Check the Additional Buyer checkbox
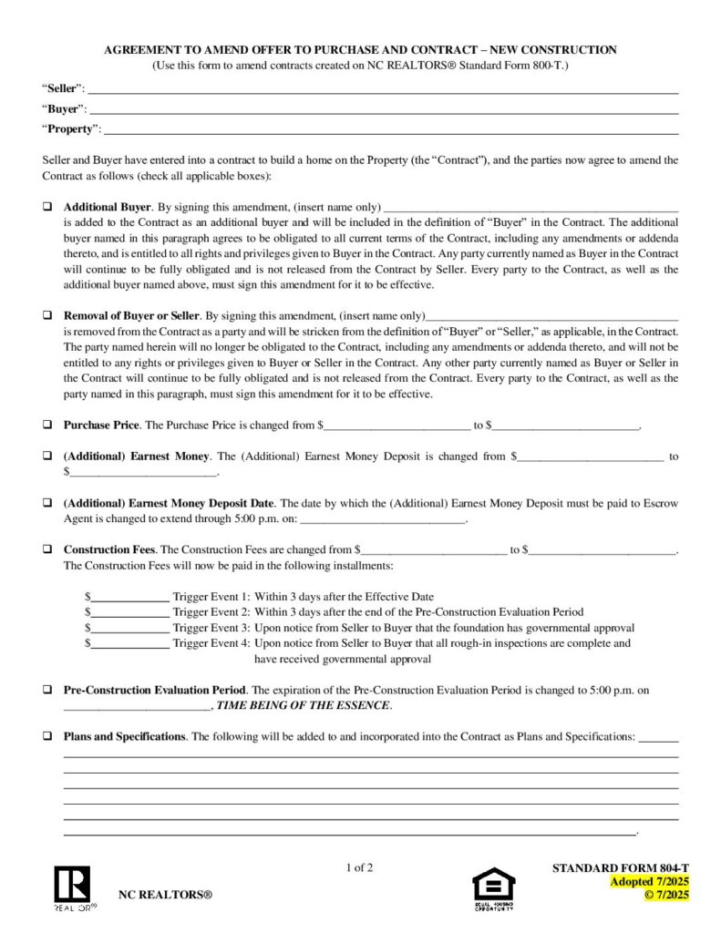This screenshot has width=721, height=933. [46, 207]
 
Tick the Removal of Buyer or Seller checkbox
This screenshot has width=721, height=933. [46, 315]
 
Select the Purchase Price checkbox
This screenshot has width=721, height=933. [46, 425]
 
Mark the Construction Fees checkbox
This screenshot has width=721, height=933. [46, 549]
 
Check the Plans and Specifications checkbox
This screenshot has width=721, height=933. [46, 736]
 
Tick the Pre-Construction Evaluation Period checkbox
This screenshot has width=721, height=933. [46, 690]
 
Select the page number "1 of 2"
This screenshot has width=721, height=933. [360, 867]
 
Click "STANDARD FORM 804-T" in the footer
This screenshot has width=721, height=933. [621, 868]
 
